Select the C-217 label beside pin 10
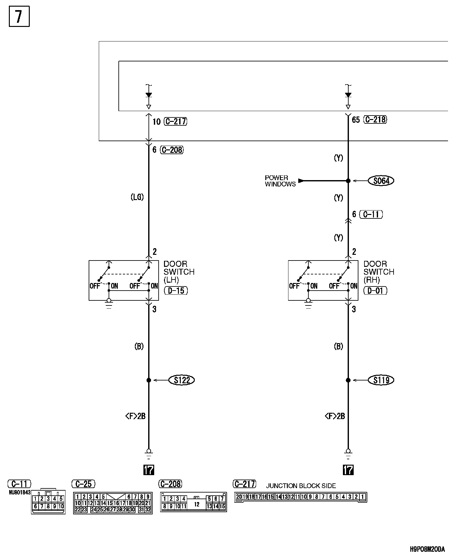(175, 122)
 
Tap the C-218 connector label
(375, 120)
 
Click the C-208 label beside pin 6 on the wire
(172, 150)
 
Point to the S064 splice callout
(381, 181)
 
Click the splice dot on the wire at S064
(348, 181)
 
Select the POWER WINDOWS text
(280, 181)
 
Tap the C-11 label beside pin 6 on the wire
(371, 214)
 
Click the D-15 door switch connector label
(176, 291)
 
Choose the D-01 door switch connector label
(376, 291)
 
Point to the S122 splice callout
(182, 380)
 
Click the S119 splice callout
(381, 380)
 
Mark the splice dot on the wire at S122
(149, 380)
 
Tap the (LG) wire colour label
(137, 197)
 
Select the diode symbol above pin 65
(348, 95)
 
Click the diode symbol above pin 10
(148, 95)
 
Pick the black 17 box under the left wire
(148, 470)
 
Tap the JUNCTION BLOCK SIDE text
(301, 486)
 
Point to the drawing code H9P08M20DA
(427, 549)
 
